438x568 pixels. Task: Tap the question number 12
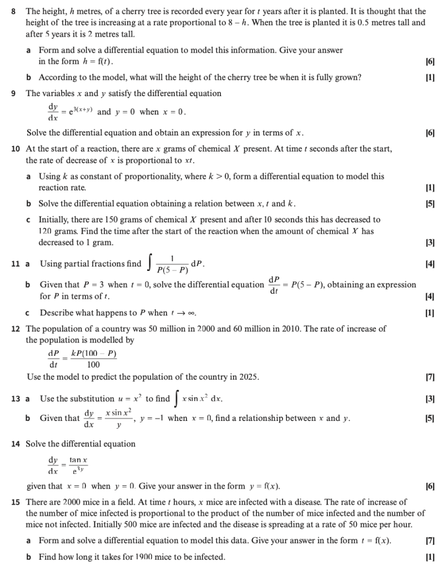click(x=16, y=329)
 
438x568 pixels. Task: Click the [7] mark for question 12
click(x=430, y=377)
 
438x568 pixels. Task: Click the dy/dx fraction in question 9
click(x=53, y=112)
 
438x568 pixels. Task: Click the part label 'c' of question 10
click(x=28, y=220)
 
